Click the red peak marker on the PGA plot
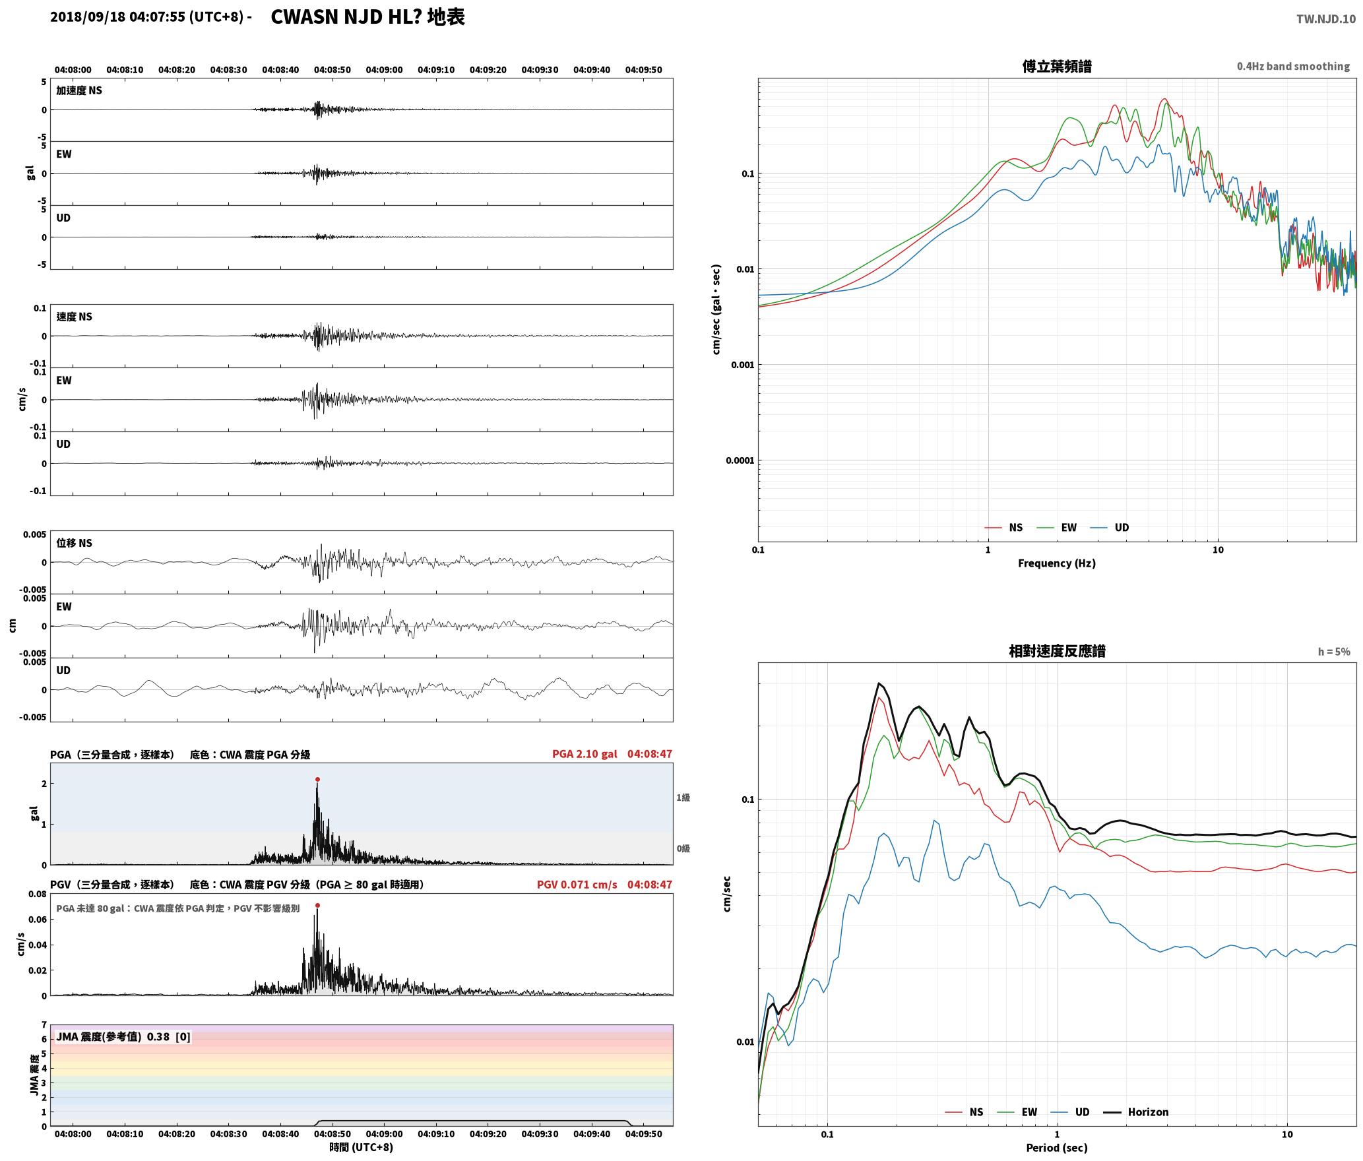[317, 779]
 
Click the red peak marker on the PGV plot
[317, 906]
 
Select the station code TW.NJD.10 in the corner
[1326, 19]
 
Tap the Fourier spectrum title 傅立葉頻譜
[1057, 67]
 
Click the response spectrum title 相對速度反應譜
[1057, 651]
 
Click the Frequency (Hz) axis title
[1057, 563]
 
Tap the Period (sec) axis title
[1057, 1147]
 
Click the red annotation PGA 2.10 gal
[585, 754]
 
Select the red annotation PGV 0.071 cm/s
[577, 885]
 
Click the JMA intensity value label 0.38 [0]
[169, 1036]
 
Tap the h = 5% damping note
[1334, 652]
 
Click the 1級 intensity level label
[683, 798]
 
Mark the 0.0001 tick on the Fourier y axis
[740, 460]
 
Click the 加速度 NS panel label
[79, 90]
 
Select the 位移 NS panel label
[75, 543]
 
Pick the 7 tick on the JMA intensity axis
[44, 1025]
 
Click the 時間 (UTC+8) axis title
[362, 1147]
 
